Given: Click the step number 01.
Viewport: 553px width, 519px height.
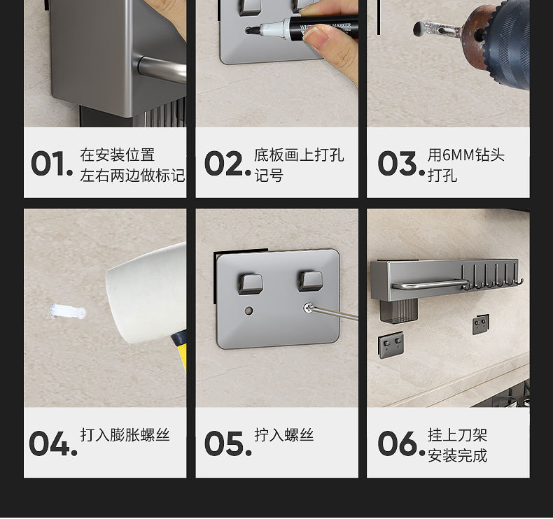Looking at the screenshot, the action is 52,164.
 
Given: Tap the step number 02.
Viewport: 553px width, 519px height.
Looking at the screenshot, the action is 227,164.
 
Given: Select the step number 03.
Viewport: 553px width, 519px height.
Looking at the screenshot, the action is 401,164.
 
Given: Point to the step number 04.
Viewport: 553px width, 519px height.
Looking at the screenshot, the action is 53,443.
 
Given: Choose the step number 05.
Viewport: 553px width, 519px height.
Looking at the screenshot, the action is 227,443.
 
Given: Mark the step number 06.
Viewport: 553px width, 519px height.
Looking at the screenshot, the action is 401,443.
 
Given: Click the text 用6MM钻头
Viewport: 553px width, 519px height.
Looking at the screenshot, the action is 466,155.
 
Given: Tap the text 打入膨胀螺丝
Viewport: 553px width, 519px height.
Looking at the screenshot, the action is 125,435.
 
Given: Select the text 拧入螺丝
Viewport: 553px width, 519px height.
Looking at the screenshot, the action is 284,435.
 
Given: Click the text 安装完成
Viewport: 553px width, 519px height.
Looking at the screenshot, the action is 457,455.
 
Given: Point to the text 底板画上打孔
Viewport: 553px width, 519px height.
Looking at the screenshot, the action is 299,155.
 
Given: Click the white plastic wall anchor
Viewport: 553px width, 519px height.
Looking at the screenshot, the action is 68,312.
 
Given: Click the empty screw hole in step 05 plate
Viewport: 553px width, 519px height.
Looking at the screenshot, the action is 249,311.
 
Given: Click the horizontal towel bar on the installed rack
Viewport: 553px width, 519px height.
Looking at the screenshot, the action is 430,285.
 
